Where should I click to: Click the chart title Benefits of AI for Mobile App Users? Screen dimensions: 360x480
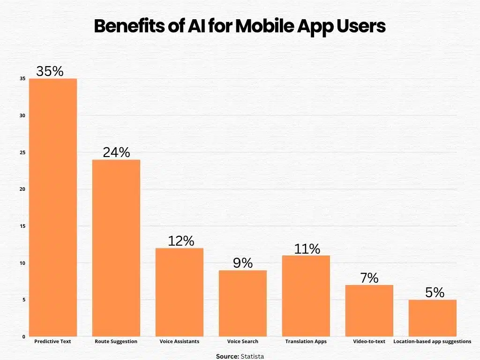[x=240, y=27]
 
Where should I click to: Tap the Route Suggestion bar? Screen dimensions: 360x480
[x=116, y=248]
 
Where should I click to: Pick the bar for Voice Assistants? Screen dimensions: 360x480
[x=180, y=292]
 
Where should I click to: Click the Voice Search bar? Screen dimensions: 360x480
[x=243, y=303]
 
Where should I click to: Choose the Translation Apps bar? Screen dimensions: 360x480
[x=306, y=296]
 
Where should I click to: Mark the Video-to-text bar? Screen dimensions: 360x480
[x=369, y=310]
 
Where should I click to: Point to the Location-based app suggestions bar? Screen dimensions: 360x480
[x=432, y=318]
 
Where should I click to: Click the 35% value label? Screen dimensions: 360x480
[x=50, y=71]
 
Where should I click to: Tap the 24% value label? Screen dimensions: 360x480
[x=116, y=152]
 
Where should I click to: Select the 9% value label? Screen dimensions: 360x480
[x=243, y=263]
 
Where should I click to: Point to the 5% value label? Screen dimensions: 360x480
[x=435, y=292]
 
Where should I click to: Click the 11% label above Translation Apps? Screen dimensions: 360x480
[x=307, y=248]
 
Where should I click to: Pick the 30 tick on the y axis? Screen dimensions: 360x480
[x=22, y=116]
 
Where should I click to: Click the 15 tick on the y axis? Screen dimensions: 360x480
[x=22, y=226]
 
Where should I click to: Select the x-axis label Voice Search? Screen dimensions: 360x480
[x=243, y=342]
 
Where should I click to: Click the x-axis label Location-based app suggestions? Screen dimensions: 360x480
[x=432, y=342]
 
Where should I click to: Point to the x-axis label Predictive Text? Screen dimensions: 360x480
[x=53, y=342]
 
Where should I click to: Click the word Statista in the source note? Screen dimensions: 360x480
[x=252, y=357]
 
